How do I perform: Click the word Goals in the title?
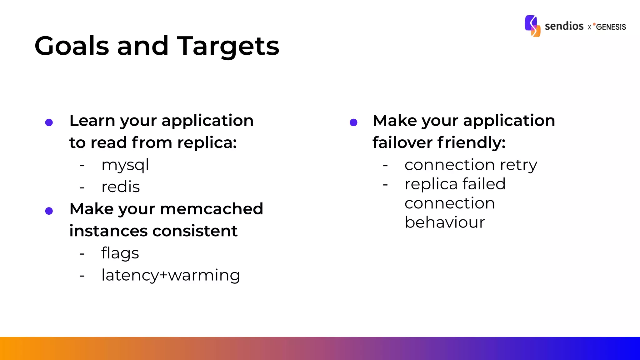click(x=72, y=46)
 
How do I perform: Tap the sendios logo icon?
click(x=532, y=26)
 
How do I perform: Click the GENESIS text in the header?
click(x=611, y=27)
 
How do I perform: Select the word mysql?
click(x=125, y=165)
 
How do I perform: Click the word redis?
click(x=120, y=187)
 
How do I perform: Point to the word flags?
click(x=120, y=253)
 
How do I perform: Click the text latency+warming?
click(x=171, y=275)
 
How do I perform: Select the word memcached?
click(x=212, y=209)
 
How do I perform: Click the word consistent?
click(x=195, y=231)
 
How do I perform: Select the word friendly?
click(x=471, y=143)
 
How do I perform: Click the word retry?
click(x=518, y=165)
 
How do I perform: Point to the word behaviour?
click(x=444, y=222)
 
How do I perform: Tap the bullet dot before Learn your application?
click(x=49, y=122)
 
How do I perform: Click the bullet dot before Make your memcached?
click(x=49, y=211)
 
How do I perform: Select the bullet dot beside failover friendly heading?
click(x=353, y=122)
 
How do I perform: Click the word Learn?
click(x=92, y=121)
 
